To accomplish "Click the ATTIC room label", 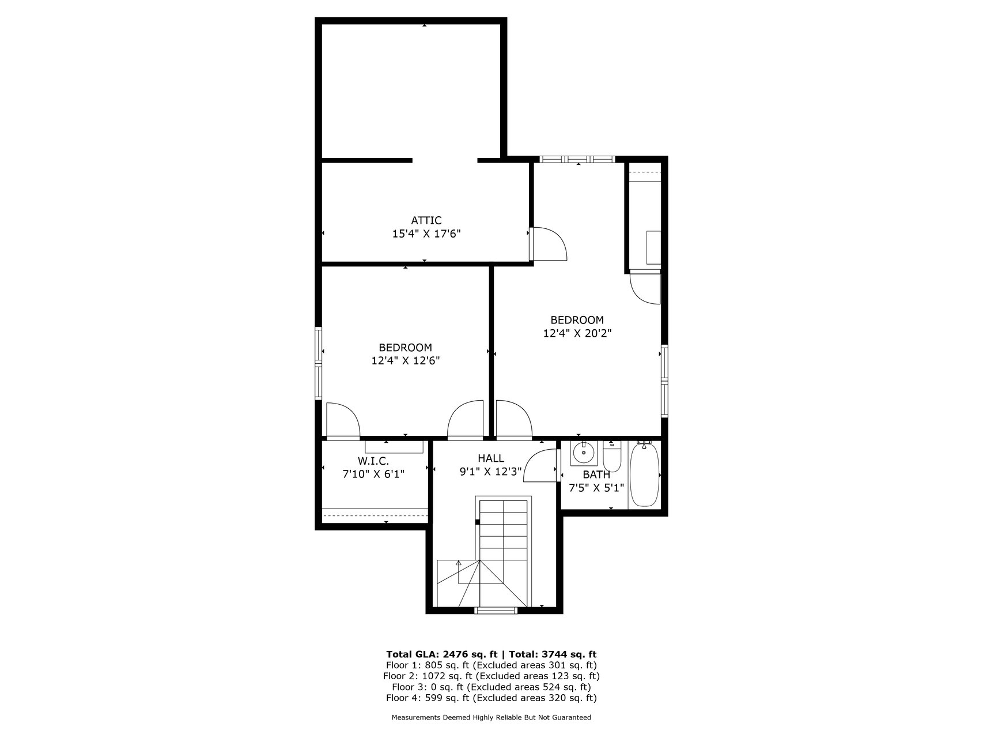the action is [426, 220].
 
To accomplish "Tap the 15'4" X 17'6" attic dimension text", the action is [426, 234].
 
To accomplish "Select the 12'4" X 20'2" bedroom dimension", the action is [577, 333].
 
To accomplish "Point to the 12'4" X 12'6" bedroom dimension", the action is [406, 361].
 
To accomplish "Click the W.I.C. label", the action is [373, 461].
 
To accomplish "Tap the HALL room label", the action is [491, 458].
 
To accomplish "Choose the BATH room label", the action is [596, 475].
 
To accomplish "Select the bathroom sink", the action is [584, 453].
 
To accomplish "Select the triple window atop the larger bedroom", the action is [577, 159].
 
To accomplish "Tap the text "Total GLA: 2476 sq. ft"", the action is [442, 654].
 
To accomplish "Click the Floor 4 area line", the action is [491, 698].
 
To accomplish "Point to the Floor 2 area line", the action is [492, 676].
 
